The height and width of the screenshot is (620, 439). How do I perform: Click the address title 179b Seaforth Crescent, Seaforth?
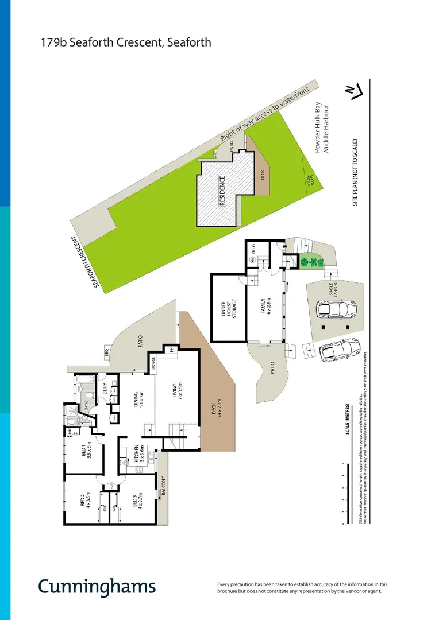click(126, 42)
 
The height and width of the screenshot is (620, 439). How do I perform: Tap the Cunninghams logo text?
click(97, 586)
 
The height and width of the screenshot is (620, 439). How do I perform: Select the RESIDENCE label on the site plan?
click(222, 191)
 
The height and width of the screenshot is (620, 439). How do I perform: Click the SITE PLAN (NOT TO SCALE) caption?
click(356, 172)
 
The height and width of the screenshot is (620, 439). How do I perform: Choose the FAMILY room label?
click(265, 307)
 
